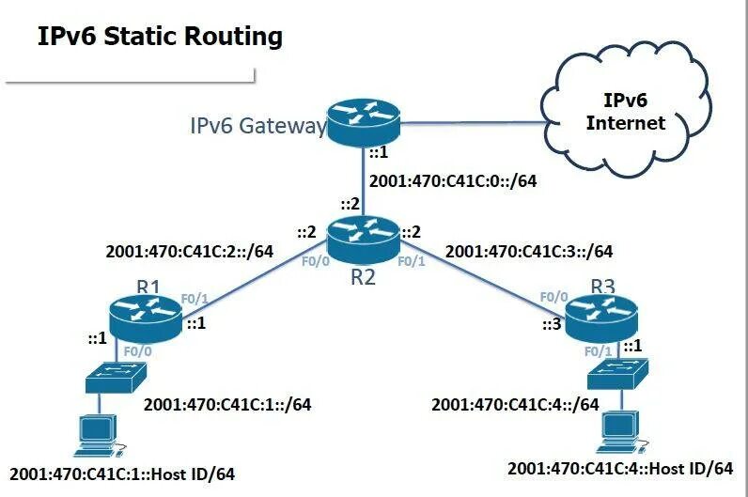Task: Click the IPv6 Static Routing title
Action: [160, 37]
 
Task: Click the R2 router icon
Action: [363, 236]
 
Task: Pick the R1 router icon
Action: [144, 316]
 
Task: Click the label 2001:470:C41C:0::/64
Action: [454, 181]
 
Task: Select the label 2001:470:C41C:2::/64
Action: [189, 251]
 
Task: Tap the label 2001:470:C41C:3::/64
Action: [529, 251]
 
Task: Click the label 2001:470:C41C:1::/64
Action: [226, 405]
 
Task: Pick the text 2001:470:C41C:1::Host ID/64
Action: [121, 473]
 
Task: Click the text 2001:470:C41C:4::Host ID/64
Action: [619, 468]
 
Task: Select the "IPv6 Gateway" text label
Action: [257, 126]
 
